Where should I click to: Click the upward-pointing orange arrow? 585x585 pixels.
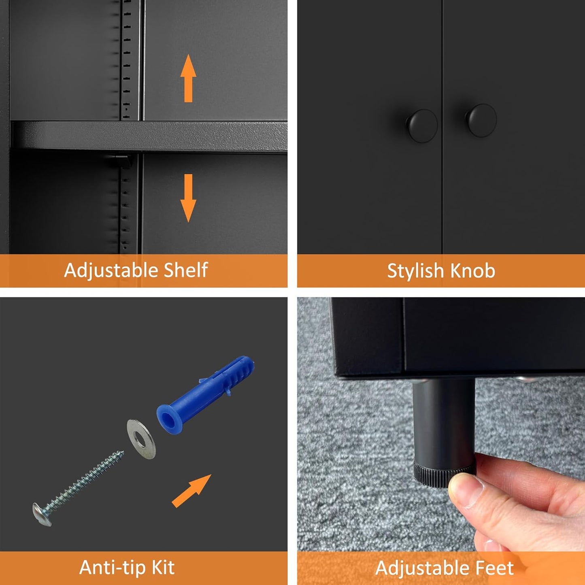coord(188,78)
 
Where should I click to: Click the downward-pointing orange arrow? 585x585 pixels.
coord(188,198)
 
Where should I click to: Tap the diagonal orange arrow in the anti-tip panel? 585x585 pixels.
coord(191,491)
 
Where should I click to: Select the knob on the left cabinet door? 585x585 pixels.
coord(422,126)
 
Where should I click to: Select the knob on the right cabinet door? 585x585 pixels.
coord(481,120)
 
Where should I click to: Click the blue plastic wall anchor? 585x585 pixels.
coord(205,395)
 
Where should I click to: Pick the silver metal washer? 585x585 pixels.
coord(141,439)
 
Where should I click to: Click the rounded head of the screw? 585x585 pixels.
coord(42,514)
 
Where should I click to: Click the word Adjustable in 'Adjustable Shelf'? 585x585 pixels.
coord(111,270)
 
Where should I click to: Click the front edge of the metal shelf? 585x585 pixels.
coord(149,136)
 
